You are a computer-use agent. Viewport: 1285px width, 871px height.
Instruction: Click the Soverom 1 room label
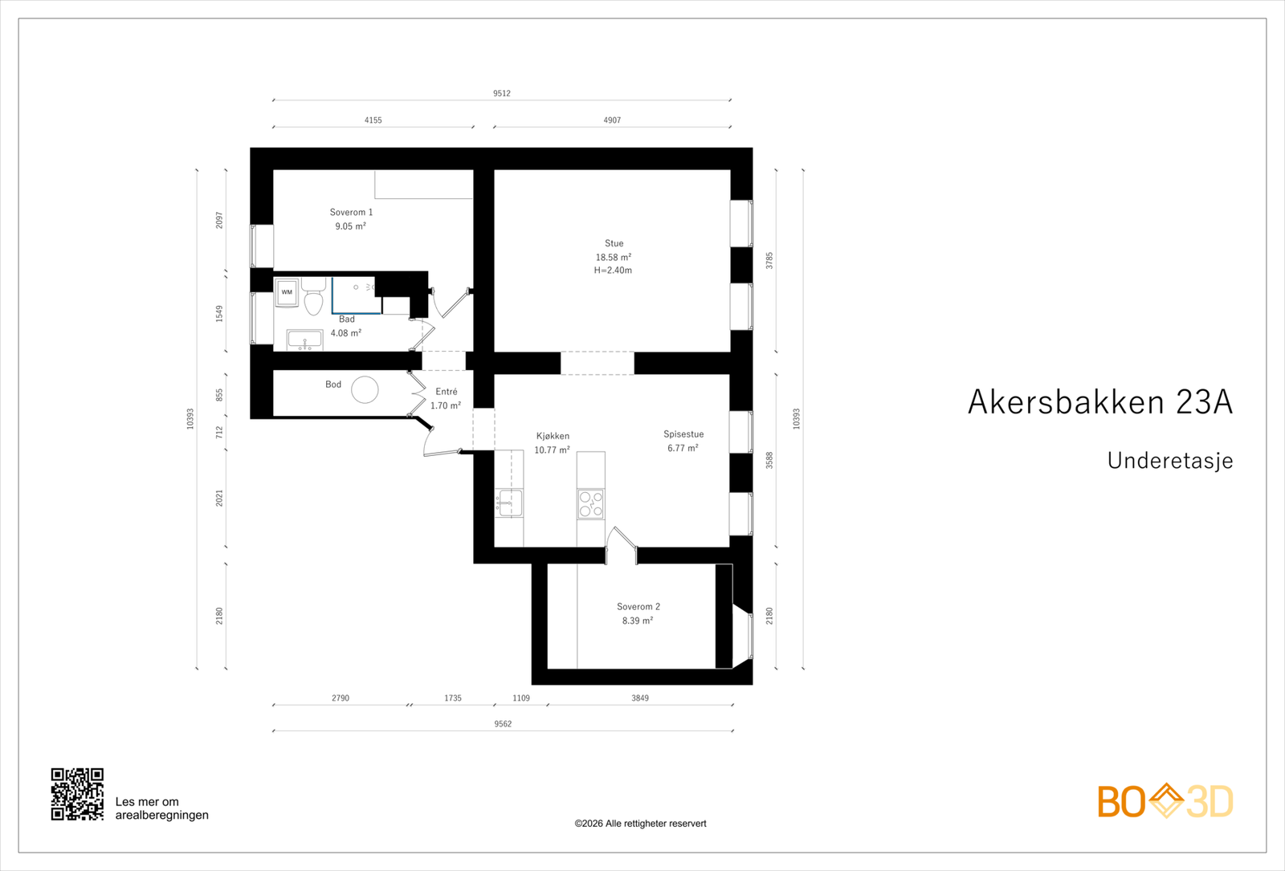351,213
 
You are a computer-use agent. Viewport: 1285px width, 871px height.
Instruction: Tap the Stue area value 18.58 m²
613,258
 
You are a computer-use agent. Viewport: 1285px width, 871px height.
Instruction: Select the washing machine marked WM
287,292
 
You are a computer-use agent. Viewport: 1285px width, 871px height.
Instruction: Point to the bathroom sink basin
305,341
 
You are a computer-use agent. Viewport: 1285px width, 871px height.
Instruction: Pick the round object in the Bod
365,390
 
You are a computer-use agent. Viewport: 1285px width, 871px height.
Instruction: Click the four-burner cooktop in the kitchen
591,504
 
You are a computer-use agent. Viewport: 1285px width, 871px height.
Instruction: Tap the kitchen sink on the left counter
509,503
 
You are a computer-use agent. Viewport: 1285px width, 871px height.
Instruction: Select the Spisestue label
683,434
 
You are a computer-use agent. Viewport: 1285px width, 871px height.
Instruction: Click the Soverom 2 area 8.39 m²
638,621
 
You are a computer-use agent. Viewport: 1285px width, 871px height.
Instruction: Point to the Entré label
447,392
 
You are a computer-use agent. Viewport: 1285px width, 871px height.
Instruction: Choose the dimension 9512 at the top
502,93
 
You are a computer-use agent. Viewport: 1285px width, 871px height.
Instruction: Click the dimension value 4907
612,120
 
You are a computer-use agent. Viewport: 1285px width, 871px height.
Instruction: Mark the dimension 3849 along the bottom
640,698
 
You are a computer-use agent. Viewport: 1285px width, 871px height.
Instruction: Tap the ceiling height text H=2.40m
613,271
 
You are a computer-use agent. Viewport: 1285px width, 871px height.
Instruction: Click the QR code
77,794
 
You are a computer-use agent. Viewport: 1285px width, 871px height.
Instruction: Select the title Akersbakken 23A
1099,402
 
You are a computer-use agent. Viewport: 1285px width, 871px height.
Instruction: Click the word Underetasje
1169,461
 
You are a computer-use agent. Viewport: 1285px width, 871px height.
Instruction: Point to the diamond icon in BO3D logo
1166,800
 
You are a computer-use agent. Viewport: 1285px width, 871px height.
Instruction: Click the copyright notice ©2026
640,824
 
